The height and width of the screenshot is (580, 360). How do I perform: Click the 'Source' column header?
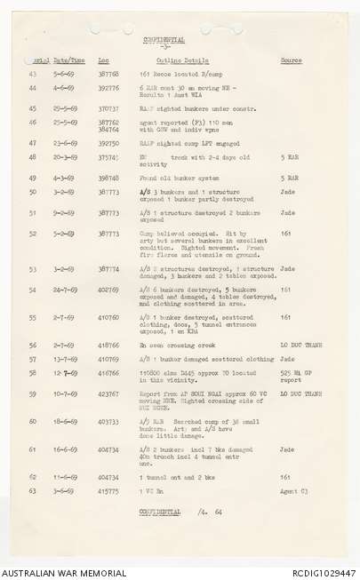pyautogui.click(x=291, y=60)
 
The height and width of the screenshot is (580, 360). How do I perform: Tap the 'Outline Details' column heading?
pyautogui.click(x=182, y=60)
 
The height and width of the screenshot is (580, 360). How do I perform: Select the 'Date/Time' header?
pyautogui.click(x=68, y=60)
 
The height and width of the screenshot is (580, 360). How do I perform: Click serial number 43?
pyautogui.click(x=33, y=75)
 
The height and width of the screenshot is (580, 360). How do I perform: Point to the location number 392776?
pyautogui.click(x=109, y=89)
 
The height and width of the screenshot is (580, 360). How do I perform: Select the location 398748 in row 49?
pyautogui.click(x=109, y=178)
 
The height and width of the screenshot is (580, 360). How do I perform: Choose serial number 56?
pyautogui.click(x=33, y=345)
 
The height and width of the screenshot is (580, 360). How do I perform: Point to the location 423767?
pyautogui.click(x=109, y=393)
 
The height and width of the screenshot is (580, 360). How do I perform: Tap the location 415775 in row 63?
pyautogui.click(x=109, y=490)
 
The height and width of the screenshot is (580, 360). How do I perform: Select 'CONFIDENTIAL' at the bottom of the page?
pyautogui.click(x=160, y=512)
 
